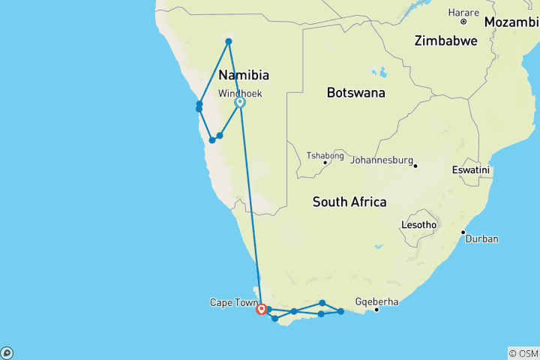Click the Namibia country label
tap(244, 75)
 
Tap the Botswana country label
tap(355, 93)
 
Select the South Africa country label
tap(349, 202)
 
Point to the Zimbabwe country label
tap(445, 41)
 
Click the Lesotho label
tap(420, 225)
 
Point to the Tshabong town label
tap(325, 155)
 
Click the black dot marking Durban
tap(463, 232)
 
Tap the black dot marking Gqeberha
tap(376, 309)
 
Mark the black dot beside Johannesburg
tap(415, 165)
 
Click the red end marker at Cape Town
tap(261, 308)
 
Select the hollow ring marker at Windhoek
tap(240, 103)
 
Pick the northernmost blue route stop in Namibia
tap(229, 41)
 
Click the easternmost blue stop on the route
tap(340, 311)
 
